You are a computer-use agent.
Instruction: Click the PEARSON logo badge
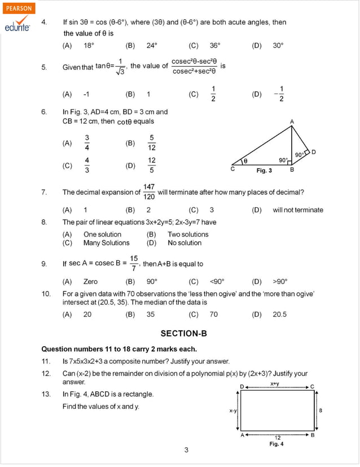pos(19,8)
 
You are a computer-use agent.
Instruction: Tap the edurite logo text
pos(17,27)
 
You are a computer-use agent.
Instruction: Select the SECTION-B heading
pos(179,333)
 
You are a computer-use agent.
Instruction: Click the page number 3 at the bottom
pos(186,450)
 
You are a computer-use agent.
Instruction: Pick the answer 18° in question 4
pos(89,46)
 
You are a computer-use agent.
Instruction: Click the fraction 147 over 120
pos(149,192)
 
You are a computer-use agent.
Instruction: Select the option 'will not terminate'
pos(298,210)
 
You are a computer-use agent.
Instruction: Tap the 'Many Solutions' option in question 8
pos(106,243)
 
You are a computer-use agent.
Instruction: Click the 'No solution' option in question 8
pos(185,243)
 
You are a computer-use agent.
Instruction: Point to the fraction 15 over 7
pos(134,263)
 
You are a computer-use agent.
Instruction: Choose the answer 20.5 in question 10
pos(280,315)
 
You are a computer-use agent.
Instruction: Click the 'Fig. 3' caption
pos(264,171)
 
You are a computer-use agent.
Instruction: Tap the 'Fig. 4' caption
pos(276,444)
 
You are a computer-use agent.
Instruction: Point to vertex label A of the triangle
pos(292,121)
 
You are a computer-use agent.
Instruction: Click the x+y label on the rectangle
pos(275,383)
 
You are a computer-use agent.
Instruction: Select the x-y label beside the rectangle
pos(232,411)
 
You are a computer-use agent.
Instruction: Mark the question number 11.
pos(46,361)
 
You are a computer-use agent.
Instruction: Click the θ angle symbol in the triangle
pos(245,161)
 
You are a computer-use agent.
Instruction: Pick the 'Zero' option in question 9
pos(90,281)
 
